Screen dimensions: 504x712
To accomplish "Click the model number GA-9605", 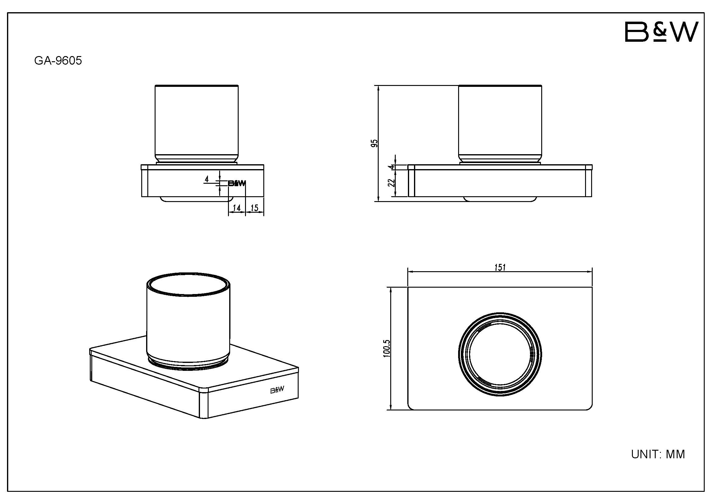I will [x=58, y=61].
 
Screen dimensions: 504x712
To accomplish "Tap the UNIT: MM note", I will [x=658, y=454].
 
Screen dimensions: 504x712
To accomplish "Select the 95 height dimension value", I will [x=375, y=143].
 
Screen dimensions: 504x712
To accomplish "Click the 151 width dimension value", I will [x=500, y=267].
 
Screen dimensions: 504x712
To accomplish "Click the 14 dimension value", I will [x=237, y=208].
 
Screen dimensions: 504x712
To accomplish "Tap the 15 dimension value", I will [x=254, y=208].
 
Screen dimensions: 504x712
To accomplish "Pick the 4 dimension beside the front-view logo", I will [x=206, y=179].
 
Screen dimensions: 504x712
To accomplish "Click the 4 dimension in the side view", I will [x=392, y=167].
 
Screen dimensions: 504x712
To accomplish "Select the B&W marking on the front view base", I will [x=237, y=183].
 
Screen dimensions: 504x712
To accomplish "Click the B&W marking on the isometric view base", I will [x=277, y=390].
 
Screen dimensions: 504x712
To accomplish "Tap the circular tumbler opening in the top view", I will [x=500, y=354].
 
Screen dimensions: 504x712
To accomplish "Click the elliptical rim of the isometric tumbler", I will [x=188, y=276].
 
